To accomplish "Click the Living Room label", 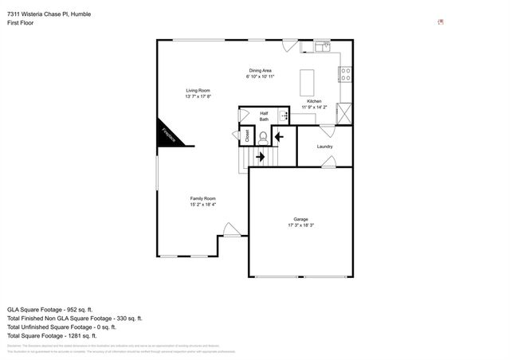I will (198, 91).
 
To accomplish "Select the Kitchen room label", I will (314, 101).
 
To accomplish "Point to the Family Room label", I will (202, 198).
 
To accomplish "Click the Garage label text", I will (300, 219).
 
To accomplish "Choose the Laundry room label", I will (324, 147).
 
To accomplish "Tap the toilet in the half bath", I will (262, 136).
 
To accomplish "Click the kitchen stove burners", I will (346, 74).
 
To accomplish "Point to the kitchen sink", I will (322, 48).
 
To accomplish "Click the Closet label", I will (248, 136).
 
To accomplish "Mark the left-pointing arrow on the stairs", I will (278, 136).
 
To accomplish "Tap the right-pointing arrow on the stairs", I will (261, 157).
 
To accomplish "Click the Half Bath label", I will (264, 116).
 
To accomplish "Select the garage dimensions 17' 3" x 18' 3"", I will (300, 225).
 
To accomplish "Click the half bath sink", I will (283, 116).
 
